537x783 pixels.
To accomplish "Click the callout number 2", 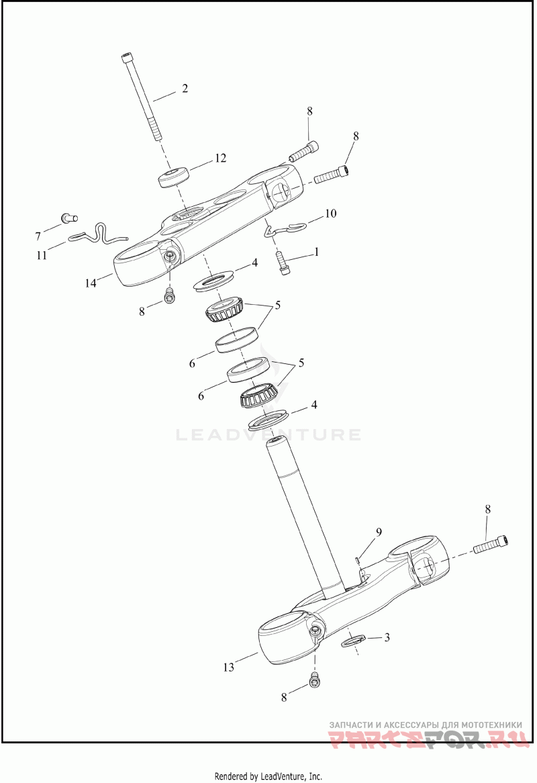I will tap(185, 89).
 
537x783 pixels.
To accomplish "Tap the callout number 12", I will tap(220, 158).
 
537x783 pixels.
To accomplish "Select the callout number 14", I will tap(91, 283).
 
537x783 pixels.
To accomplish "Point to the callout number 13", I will tap(230, 667).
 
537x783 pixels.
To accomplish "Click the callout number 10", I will tap(330, 214).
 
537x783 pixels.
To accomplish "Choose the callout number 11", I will tap(42, 255).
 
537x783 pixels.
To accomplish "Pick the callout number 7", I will tap(38, 236).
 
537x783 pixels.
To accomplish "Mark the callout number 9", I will tap(379, 532).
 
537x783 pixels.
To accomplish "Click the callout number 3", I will tap(387, 637).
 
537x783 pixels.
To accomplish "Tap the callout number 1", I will tap(315, 252).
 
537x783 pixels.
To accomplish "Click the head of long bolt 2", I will tap(128, 58).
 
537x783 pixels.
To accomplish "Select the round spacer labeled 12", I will tap(173, 179).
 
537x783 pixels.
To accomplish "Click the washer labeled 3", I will tap(354, 642).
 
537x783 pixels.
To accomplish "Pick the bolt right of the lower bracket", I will tap(491, 545).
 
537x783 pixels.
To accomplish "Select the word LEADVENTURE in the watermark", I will tap(268, 435).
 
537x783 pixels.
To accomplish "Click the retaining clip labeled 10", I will tap(285, 230).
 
